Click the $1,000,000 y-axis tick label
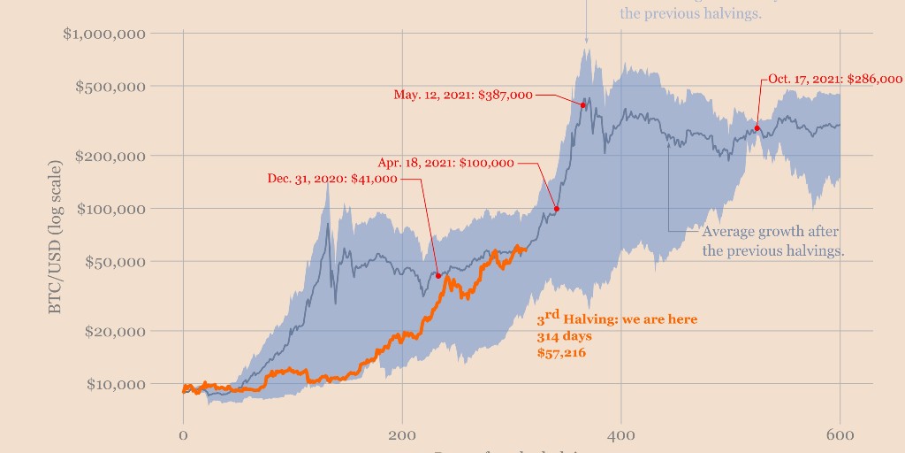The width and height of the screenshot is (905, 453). coord(103,34)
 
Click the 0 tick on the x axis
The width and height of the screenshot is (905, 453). coord(183,435)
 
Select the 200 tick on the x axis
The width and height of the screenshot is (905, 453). coord(402,435)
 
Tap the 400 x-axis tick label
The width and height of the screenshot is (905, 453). coord(621,435)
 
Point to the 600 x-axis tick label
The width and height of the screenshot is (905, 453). coord(840,435)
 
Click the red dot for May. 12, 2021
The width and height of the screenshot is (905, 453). coord(583,105)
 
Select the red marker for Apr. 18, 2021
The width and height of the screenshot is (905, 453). coord(557,209)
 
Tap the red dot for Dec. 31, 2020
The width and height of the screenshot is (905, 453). coord(438,276)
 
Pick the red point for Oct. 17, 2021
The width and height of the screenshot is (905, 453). coord(757,128)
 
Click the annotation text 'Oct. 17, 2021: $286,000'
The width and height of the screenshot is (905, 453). coord(835,79)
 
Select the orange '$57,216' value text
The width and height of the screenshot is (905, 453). coord(562,353)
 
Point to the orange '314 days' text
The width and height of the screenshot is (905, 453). coord(564,337)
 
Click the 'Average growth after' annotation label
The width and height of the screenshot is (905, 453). coord(771,232)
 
